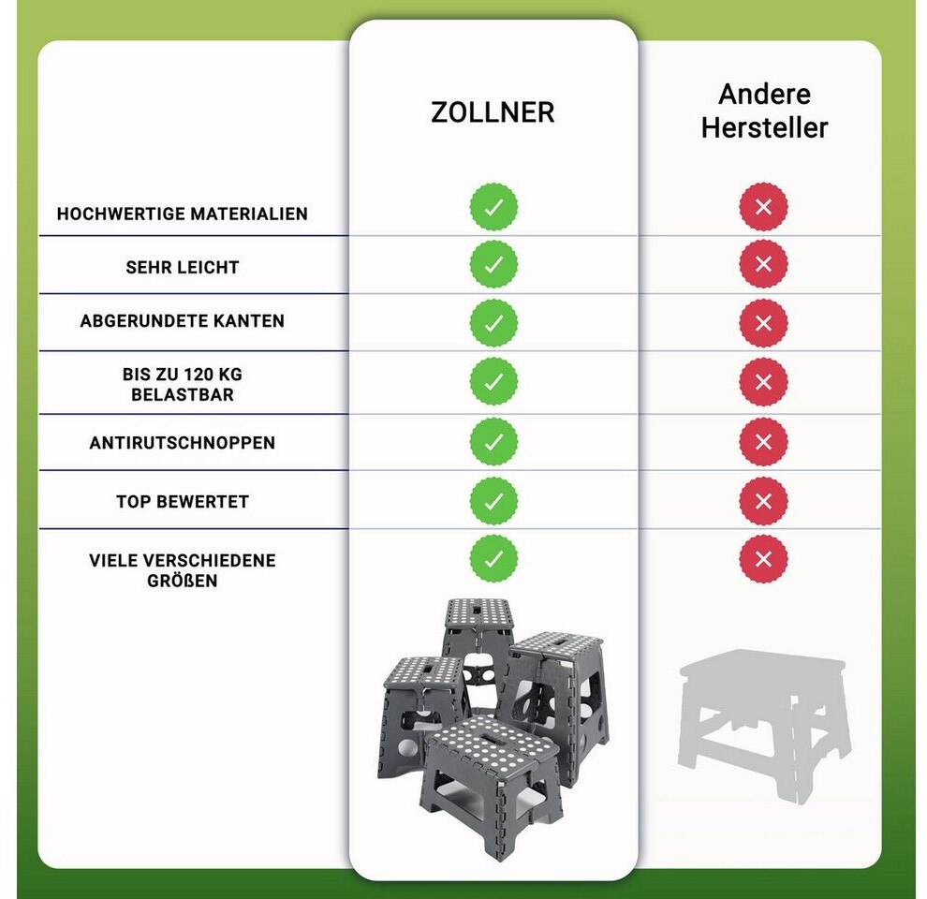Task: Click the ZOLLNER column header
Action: point(493,112)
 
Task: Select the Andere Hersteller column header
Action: point(764,111)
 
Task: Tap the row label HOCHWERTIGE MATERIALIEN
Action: point(182,214)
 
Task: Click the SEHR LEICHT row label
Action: point(182,267)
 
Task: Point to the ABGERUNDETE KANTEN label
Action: point(182,320)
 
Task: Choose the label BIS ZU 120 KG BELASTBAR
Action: point(182,385)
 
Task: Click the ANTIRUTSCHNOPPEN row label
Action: point(182,442)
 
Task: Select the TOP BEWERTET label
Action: point(182,502)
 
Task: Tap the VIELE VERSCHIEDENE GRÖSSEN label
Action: point(182,570)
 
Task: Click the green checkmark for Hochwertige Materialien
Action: point(493,207)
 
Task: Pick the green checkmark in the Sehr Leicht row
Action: point(493,264)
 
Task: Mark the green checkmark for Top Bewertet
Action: point(493,501)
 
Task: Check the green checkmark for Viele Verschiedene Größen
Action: point(493,559)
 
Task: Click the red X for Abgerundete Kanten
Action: point(763,323)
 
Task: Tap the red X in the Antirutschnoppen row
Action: point(763,442)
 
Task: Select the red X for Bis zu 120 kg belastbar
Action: point(763,381)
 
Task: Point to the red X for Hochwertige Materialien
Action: point(763,207)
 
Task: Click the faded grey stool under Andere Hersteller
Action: point(764,725)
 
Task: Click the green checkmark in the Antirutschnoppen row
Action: point(493,442)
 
